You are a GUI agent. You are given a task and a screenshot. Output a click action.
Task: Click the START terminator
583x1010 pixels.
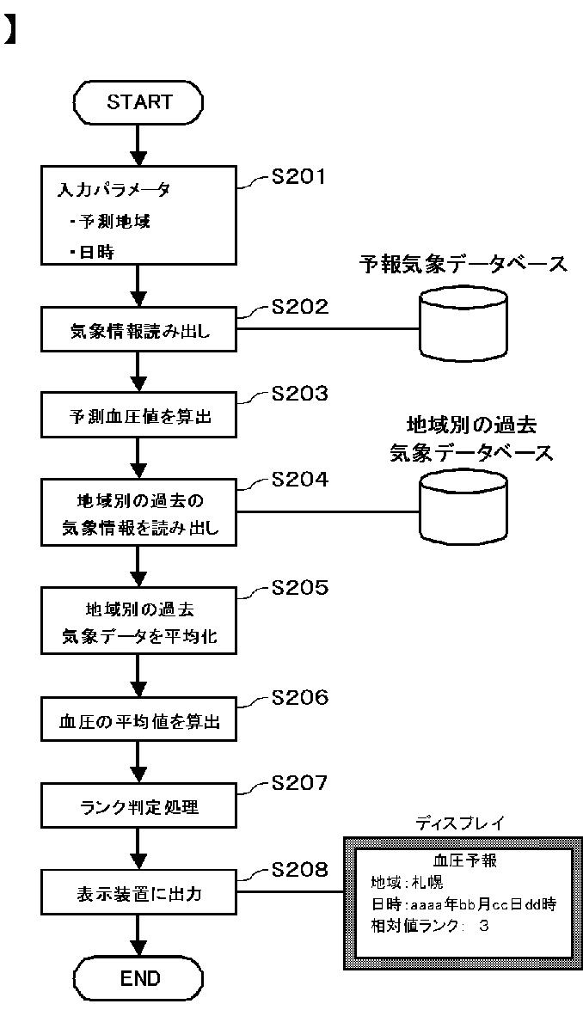pyautogui.click(x=139, y=102)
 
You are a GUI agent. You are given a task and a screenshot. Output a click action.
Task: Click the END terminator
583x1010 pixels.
pyautogui.click(x=139, y=979)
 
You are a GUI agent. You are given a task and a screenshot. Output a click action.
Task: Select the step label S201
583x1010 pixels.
pyautogui.click(x=298, y=176)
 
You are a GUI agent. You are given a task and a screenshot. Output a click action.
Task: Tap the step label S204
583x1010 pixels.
pyautogui.click(x=299, y=481)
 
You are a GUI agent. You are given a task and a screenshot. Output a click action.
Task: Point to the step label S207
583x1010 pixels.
pyautogui.click(x=299, y=783)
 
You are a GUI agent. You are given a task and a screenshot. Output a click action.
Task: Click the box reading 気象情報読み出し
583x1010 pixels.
pyautogui.click(x=139, y=333)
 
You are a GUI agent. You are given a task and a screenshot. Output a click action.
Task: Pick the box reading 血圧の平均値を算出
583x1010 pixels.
pyautogui.click(x=139, y=721)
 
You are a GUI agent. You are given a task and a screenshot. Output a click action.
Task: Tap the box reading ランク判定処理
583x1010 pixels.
pyautogui.click(x=139, y=806)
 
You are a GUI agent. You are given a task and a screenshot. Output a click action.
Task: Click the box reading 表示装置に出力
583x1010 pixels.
pyautogui.click(x=139, y=893)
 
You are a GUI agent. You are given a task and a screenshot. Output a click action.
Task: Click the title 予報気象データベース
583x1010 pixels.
pyautogui.click(x=463, y=264)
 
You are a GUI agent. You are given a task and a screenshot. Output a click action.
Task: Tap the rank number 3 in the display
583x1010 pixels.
pyautogui.click(x=483, y=926)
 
